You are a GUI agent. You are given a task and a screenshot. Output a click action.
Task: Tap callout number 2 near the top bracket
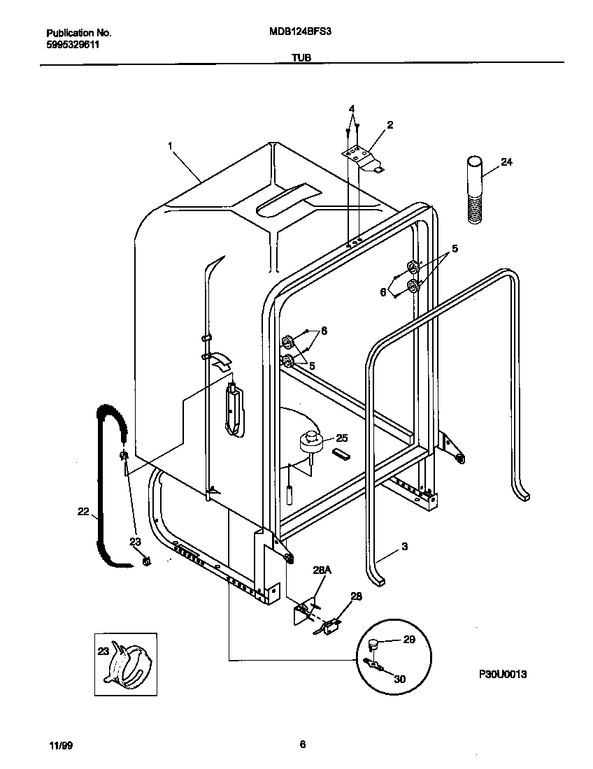(x=390, y=125)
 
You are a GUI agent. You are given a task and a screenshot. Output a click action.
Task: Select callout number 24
(x=507, y=163)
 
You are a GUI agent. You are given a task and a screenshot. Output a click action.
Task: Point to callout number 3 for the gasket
(x=403, y=546)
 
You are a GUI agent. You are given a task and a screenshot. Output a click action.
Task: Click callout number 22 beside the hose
(x=83, y=512)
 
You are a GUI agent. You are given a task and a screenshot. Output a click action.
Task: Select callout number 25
(x=341, y=438)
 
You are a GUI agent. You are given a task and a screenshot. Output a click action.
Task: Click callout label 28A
(x=321, y=571)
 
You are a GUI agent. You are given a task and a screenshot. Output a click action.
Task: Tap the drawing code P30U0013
(x=502, y=674)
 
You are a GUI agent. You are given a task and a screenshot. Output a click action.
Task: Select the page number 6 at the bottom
(x=302, y=745)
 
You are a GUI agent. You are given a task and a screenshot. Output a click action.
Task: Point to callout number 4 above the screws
(x=352, y=109)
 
